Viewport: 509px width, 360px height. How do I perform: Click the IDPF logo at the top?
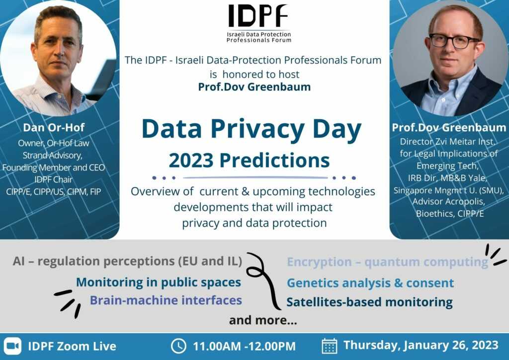coord(258,23)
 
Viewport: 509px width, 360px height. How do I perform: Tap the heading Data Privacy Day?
coord(252,129)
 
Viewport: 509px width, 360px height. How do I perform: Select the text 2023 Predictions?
coord(249,160)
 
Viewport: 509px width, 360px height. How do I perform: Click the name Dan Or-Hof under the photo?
coord(54,127)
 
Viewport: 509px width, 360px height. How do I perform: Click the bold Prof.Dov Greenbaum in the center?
coord(254,87)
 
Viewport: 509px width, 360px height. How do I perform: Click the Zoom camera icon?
coord(12,346)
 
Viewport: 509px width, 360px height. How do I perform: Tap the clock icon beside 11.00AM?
coord(178,346)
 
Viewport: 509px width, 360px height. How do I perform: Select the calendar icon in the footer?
coord(330,346)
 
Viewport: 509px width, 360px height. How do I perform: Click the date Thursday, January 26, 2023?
coord(421,345)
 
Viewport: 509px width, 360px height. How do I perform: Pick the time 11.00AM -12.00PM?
coord(244,346)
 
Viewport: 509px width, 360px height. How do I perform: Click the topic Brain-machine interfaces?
coord(166,300)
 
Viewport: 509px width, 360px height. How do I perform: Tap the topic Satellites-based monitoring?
coord(369,302)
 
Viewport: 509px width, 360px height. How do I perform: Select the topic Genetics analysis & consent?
coord(370,283)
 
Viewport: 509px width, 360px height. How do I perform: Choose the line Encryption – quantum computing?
coord(388,262)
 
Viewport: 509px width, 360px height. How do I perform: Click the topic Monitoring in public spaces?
coord(159,282)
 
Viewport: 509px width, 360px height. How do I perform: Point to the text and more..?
coord(263,320)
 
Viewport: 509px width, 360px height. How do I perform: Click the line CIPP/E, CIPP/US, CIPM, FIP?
coord(54,192)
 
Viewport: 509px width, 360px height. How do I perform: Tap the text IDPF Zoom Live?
coord(72,346)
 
